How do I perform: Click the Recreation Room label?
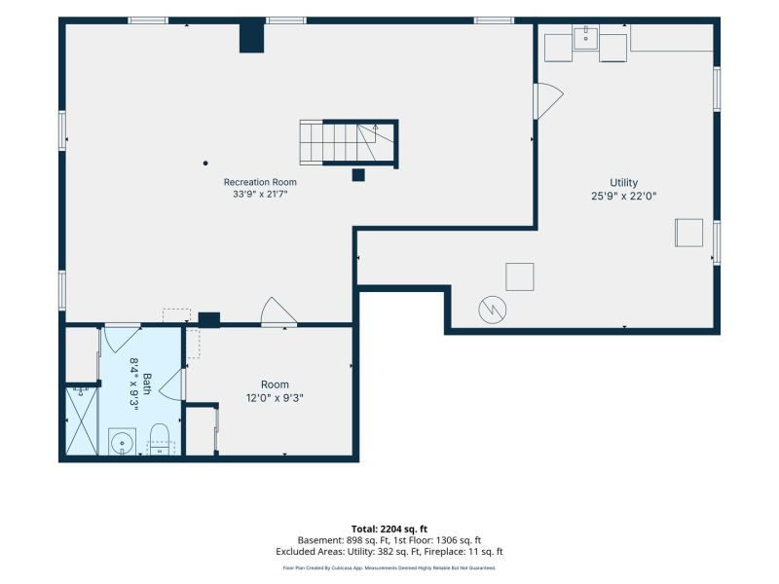(x=260, y=182)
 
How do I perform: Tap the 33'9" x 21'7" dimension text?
(x=260, y=194)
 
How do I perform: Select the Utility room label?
(x=623, y=183)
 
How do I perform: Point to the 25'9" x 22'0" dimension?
(x=623, y=197)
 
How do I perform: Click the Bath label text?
(x=147, y=383)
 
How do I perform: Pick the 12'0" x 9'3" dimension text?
(x=275, y=398)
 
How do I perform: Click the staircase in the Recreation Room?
(x=349, y=143)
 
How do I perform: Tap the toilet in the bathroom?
(x=160, y=440)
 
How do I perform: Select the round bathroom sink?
(x=122, y=442)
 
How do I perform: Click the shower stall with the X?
(x=82, y=421)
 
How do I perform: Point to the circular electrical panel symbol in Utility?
(x=493, y=310)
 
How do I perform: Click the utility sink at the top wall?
(x=586, y=38)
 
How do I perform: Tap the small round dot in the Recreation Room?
(x=205, y=163)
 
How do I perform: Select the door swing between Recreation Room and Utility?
(x=548, y=101)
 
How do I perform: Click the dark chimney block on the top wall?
(x=251, y=36)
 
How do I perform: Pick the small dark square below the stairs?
(x=358, y=175)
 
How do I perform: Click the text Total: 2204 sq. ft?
(x=389, y=529)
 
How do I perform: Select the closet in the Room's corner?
(x=200, y=430)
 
